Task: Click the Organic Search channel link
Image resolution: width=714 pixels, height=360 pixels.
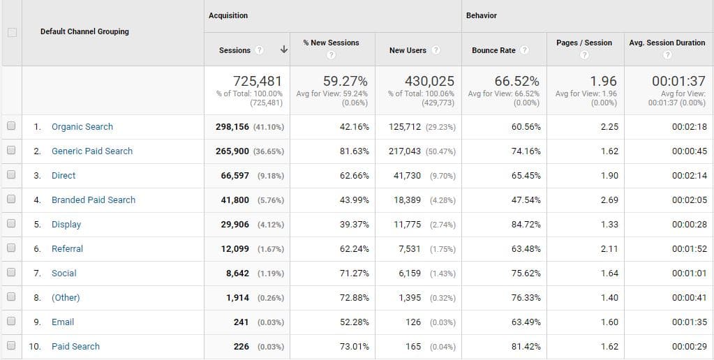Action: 82,127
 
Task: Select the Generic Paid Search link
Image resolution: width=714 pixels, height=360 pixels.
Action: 92,151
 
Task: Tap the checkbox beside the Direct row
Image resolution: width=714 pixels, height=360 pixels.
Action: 10,176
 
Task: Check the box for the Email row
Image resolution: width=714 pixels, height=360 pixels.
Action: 10,322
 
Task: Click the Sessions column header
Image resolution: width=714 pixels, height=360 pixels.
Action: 235,50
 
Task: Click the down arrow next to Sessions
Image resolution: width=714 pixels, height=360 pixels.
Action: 284,50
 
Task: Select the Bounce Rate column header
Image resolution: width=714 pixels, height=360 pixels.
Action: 493,50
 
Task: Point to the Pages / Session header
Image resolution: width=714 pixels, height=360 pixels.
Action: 584,43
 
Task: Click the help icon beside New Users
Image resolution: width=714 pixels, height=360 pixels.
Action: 436,50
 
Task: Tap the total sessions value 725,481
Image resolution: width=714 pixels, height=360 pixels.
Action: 258,81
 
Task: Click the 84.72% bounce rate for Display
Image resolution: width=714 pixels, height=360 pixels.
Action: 526,225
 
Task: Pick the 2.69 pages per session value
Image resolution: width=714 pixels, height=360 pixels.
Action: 609,200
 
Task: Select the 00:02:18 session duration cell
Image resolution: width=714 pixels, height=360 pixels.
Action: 689,127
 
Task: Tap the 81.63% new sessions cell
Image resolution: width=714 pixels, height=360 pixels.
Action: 354,151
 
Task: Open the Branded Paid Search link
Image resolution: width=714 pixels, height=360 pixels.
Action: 94,200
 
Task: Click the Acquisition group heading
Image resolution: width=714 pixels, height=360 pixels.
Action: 228,15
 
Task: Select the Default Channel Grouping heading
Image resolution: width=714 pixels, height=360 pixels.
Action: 84,31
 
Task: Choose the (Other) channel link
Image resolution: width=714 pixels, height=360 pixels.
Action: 66,298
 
